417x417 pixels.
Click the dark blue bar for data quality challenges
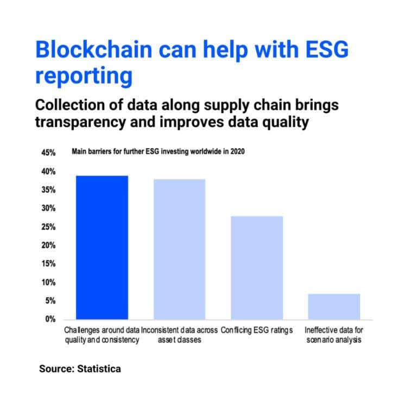pyautogui.click(x=102, y=248)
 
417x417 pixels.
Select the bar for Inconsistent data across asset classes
pyautogui.click(x=180, y=249)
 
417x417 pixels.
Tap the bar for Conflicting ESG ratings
pyautogui.click(x=257, y=268)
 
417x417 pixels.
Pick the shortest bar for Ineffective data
pyautogui.click(x=334, y=306)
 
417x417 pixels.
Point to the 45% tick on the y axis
pyautogui.click(x=48, y=153)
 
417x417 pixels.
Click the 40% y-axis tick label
pyautogui.click(x=48, y=171)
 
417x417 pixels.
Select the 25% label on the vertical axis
pyautogui.click(x=48, y=227)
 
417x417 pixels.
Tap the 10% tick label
pyautogui.click(x=48, y=282)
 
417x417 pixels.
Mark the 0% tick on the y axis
pyautogui.click(x=50, y=319)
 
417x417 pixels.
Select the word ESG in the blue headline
pyautogui.click(x=327, y=49)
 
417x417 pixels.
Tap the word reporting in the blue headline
pyautogui.click(x=84, y=77)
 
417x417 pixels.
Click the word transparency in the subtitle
pyautogui.click(x=80, y=123)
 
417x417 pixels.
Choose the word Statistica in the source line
pyautogui.click(x=99, y=369)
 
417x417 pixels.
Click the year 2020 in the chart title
pyautogui.click(x=237, y=151)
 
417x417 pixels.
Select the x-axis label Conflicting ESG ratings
pyautogui.click(x=257, y=330)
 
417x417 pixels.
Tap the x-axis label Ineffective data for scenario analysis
pyautogui.click(x=334, y=335)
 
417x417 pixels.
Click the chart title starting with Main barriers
pyautogui.click(x=158, y=151)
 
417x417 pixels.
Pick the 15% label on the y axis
pyautogui.click(x=48, y=263)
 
